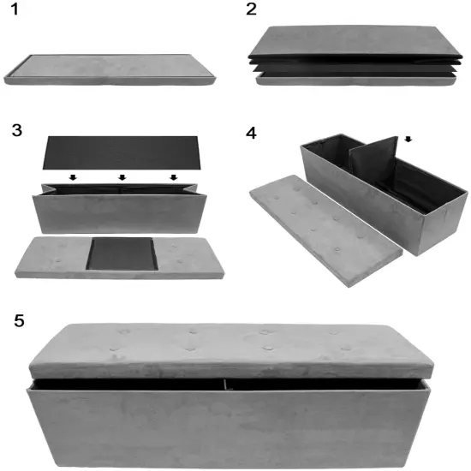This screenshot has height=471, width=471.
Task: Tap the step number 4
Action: click(251, 134)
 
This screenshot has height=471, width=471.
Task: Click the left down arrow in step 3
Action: click(75, 178)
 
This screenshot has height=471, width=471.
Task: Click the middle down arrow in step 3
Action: click(122, 178)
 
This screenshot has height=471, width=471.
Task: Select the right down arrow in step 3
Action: click(174, 178)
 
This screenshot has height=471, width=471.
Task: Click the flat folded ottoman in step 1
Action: click(111, 70)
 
